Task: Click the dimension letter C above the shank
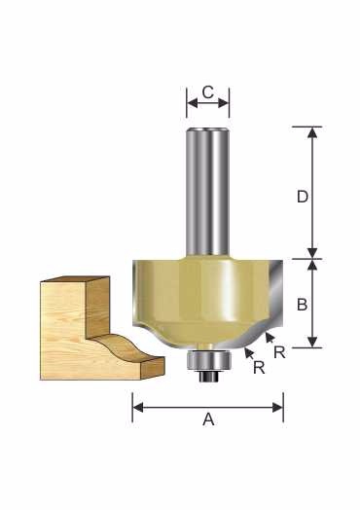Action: click(x=208, y=92)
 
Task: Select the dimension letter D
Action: click(x=303, y=197)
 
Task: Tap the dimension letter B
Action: click(x=303, y=305)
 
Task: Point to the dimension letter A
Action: click(x=208, y=419)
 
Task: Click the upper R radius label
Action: click(x=279, y=352)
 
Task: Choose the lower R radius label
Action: click(x=259, y=368)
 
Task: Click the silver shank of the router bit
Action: click(x=208, y=192)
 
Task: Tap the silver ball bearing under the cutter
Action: click(x=208, y=361)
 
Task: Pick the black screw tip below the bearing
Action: click(x=208, y=377)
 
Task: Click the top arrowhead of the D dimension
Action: click(x=312, y=131)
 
